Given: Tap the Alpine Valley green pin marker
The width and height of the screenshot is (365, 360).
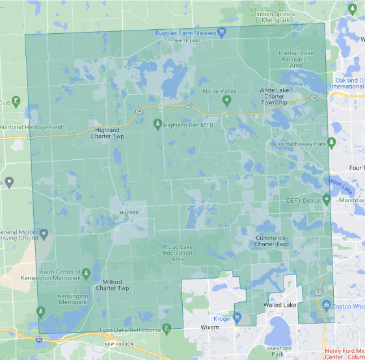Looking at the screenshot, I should click(x=227, y=101).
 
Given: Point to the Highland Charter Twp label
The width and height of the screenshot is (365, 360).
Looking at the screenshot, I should click(x=105, y=133).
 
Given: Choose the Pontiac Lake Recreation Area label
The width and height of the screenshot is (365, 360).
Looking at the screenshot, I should click(x=296, y=58).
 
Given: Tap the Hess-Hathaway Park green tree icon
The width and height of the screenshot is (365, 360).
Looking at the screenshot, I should click(x=332, y=142).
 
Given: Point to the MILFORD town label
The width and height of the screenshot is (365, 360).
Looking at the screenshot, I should click(x=130, y=212).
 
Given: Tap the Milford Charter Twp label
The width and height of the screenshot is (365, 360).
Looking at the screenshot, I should click(x=112, y=284).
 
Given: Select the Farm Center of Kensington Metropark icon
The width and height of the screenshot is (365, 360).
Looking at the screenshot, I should click(x=86, y=272).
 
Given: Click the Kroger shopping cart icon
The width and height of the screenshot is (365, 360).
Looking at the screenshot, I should click(x=237, y=317).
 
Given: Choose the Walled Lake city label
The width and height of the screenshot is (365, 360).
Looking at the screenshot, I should click(x=280, y=305).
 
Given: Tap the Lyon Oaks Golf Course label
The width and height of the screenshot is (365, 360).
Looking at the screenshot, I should click(x=130, y=330).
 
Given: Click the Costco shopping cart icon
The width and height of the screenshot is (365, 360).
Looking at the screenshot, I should click(x=325, y=304).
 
